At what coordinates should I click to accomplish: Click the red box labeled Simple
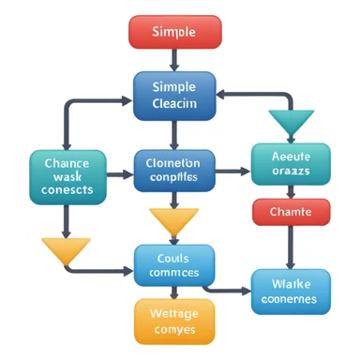(x=174, y=32)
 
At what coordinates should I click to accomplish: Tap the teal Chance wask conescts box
(x=67, y=175)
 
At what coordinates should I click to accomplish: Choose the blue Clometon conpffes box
(x=174, y=170)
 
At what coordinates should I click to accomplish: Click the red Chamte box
(x=290, y=212)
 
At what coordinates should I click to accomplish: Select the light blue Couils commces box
(x=173, y=265)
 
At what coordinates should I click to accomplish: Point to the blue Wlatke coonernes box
(x=291, y=291)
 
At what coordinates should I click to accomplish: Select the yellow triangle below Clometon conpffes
(x=174, y=221)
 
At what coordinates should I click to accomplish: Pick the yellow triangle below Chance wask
(x=66, y=250)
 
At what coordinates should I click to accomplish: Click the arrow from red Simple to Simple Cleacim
(x=174, y=58)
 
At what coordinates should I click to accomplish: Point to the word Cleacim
(x=174, y=104)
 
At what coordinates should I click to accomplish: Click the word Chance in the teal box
(x=67, y=161)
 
